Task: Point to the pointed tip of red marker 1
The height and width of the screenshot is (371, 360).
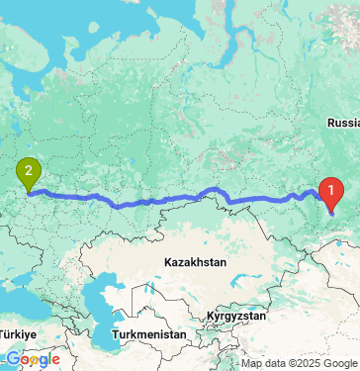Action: click(332, 211)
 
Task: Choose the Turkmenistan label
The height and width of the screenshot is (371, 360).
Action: click(149, 335)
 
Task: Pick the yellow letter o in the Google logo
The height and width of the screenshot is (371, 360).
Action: click(34, 359)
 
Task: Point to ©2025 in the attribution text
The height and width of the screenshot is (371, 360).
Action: click(309, 363)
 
